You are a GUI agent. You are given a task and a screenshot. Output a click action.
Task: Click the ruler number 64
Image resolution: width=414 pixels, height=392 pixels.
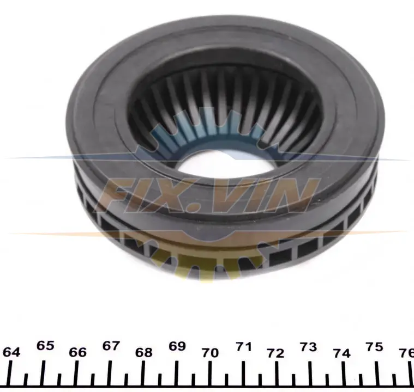click(11, 352)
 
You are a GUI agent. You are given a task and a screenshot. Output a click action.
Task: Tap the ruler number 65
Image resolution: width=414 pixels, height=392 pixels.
click(45, 346)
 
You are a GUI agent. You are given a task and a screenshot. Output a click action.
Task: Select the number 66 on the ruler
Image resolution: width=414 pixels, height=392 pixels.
click(77, 352)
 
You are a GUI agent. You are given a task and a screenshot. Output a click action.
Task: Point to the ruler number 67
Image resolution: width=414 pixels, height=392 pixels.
click(111, 346)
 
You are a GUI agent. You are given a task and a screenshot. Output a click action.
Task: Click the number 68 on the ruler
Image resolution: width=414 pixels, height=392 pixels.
click(144, 352)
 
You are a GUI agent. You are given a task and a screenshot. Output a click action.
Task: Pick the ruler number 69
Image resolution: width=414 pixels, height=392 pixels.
click(177, 346)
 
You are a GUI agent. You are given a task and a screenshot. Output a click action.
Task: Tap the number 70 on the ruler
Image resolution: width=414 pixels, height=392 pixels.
click(210, 353)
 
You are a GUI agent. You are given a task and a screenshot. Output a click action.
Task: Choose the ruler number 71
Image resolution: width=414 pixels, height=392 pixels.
click(243, 347)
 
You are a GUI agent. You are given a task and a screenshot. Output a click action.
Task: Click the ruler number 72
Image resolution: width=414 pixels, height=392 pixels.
click(276, 353)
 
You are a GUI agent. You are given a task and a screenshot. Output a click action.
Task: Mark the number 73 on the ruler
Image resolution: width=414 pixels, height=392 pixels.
click(308, 347)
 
